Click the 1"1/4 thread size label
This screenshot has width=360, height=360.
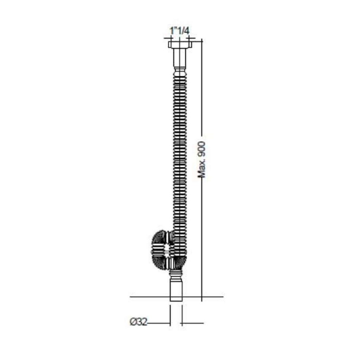(x=179, y=31)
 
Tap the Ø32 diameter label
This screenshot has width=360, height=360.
(x=139, y=322)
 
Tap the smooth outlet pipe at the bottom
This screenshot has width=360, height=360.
(x=176, y=290)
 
